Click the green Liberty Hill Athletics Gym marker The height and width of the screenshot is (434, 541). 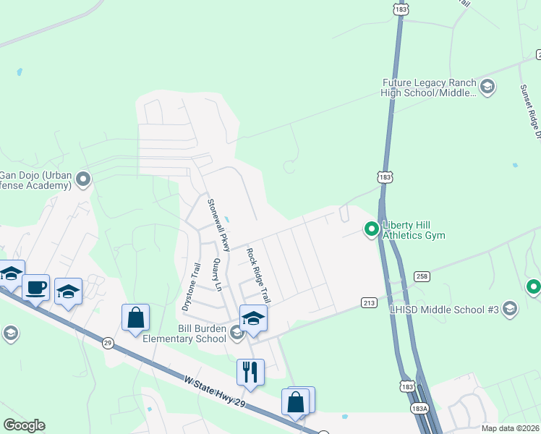372,229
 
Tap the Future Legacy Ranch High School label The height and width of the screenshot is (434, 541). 430,88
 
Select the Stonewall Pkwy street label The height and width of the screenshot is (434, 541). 218,225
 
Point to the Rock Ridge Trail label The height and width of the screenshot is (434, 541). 258,275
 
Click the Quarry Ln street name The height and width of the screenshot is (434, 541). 216,276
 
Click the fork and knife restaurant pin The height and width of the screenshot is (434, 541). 249,372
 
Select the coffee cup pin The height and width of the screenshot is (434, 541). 35,287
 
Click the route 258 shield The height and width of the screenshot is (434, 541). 423,276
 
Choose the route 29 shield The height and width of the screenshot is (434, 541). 108,341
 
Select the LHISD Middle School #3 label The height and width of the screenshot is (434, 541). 462,310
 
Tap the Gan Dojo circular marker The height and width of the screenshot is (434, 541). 84,178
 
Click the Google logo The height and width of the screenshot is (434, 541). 24,425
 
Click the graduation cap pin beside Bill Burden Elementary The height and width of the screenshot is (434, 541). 253,318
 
